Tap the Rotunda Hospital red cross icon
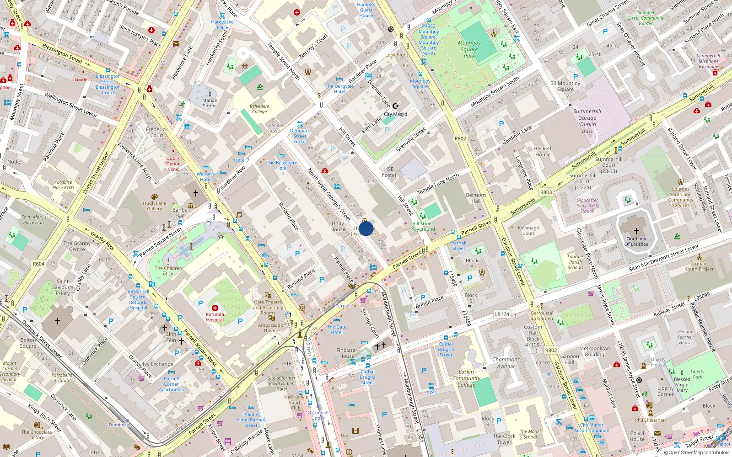pyautogui.click(x=215, y=308)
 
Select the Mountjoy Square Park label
pyautogui.click(x=469, y=49)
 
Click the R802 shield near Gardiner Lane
pyautogui.click(x=460, y=138)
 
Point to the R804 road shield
pyautogui.click(x=38, y=264)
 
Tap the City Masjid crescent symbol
pyautogui.click(x=396, y=106)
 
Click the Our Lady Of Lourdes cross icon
pyautogui.click(x=636, y=231)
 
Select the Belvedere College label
pyautogui.click(x=259, y=109)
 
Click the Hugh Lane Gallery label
pyautogui.click(x=155, y=206)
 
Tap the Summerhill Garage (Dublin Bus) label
pyautogui.click(x=587, y=121)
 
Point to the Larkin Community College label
pyautogui.click(x=466, y=378)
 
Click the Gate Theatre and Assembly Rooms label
pyautogui.click(x=268, y=307)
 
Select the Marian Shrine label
pyautogui.click(x=210, y=103)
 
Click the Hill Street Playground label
pyautogui.click(x=422, y=227)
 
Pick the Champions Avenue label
pyautogui.click(x=506, y=363)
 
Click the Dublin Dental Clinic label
pyautogui.click(x=173, y=164)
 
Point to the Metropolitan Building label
pyautogui.click(x=594, y=351)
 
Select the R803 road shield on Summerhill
pyautogui.click(x=546, y=192)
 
